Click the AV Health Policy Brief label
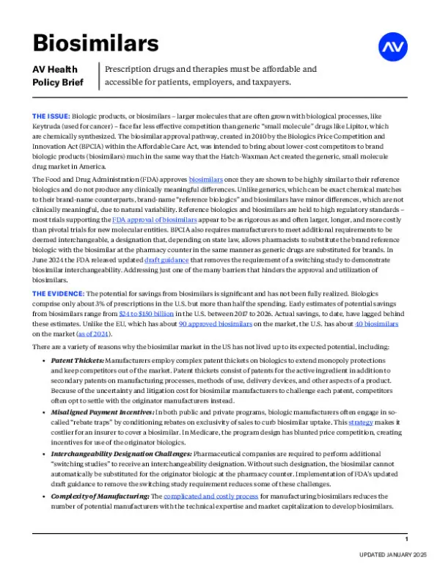click(x=58, y=76)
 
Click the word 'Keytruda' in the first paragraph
click(x=47, y=126)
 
